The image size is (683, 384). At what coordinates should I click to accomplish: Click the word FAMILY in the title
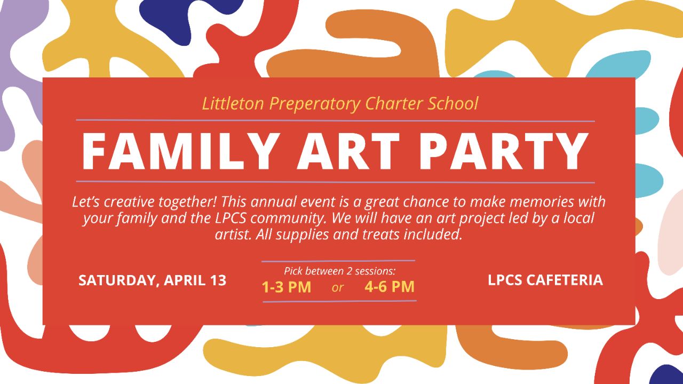(180, 151)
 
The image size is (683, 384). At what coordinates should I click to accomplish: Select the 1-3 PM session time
(287, 287)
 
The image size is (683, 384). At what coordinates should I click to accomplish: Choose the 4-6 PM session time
(390, 287)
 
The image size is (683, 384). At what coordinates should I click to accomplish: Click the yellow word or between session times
(338, 287)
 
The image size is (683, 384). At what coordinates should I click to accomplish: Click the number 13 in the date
(218, 280)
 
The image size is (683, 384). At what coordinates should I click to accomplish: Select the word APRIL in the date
(184, 280)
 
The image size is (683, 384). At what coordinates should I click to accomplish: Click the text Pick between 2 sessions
(340, 271)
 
